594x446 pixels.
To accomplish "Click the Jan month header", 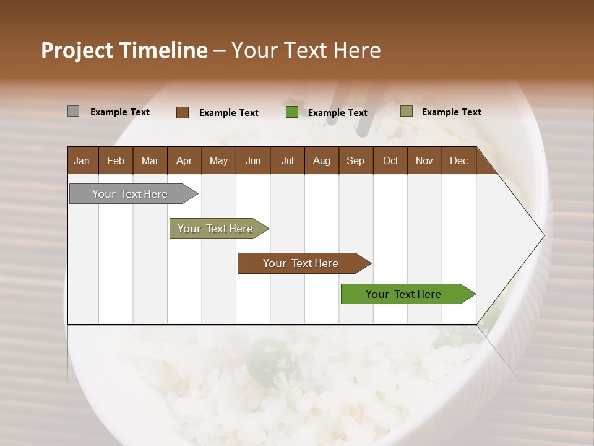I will (82, 160).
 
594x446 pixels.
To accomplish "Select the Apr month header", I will (184, 160).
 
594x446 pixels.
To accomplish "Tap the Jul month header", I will (287, 160).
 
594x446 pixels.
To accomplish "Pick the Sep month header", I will (355, 160).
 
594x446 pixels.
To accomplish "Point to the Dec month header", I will (458, 160).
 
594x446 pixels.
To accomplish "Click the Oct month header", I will (390, 160).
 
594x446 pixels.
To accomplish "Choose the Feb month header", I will (116, 160).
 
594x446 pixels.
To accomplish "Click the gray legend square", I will (73, 111).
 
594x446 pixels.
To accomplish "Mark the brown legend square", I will (183, 112).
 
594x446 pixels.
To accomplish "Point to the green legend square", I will (292, 112).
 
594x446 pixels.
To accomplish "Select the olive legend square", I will (406, 111).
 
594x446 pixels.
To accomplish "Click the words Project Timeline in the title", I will (124, 50).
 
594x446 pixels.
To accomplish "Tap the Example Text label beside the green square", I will (337, 112).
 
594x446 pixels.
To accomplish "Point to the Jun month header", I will (252, 160).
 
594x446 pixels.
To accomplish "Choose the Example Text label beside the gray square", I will (119, 111).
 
